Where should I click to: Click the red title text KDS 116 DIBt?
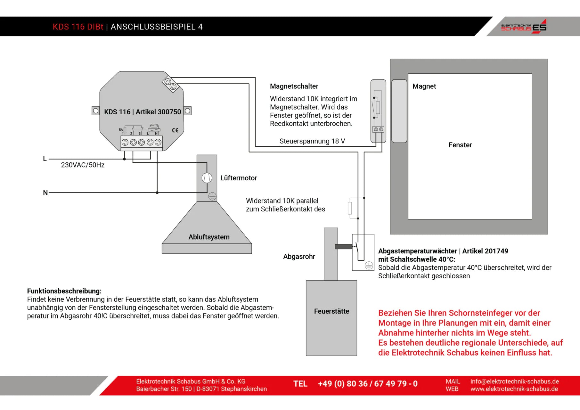tap(78, 27)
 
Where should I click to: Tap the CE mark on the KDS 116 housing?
tap(175, 130)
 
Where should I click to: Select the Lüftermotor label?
tap(239, 178)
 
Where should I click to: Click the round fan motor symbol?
tap(207, 178)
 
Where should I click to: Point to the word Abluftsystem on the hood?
tap(209, 237)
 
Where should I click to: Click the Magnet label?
tap(424, 86)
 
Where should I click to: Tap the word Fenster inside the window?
tap(460, 145)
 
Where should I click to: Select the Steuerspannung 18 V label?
tap(312, 141)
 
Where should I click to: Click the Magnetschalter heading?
tap(294, 86)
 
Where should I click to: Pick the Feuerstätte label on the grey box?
tap(331, 311)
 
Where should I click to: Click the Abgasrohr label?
tap(299, 257)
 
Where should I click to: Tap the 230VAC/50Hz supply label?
tap(83, 165)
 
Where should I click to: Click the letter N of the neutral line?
tap(45, 193)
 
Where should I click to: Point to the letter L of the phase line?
tap(45, 159)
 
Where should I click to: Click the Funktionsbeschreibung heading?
tap(64, 291)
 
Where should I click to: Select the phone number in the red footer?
tap(368, 384)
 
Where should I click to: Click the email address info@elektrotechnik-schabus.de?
tap(514, 381)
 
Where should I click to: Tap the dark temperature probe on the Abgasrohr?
tap(343, 247)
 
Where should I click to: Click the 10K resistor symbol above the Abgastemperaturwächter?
tap(350, 208)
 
